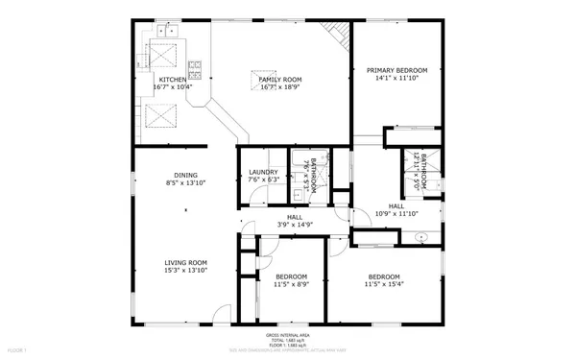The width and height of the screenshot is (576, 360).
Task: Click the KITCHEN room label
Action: pyautogui.click(x=173, y=80)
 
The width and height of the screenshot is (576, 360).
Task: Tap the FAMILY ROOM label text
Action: pyautogui.click(x=280, y=80)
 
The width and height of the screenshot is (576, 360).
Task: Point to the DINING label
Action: pyautogui.click(x=173, y=175)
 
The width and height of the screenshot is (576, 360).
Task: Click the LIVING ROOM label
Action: pyautogui.click(x=186, y=262)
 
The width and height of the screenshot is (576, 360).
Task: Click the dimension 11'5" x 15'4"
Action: pyautogui.click(x=383, y=285)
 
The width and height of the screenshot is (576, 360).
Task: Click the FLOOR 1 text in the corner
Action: pyautogui.click(x=17, y=350)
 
